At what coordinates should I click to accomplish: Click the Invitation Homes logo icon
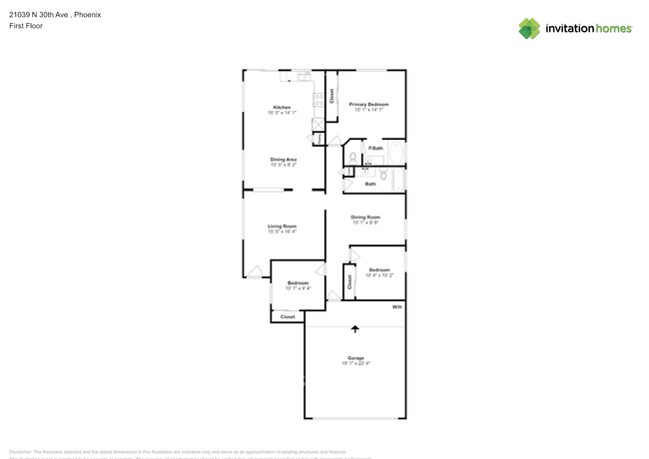(528, 28)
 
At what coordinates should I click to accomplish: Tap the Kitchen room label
(283, 108)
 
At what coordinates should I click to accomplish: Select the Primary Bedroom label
(368, 104)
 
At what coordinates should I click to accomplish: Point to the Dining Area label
(284, 160)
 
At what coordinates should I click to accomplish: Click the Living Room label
(282, 227)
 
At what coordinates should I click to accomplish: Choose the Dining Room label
(365, 217)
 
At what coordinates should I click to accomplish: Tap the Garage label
(355, 358)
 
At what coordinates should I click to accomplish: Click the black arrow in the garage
(355, 329)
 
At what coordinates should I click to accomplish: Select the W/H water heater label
(396, 306)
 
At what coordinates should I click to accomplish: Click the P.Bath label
(375, 149)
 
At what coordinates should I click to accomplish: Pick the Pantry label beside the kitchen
(320, 138)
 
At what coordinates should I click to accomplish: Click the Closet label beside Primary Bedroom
(331, 96)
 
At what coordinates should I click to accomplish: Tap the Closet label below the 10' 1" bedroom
(288, 316)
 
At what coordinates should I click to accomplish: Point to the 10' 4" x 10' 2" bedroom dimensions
(379, 275)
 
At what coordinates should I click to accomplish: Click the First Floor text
(25, 26)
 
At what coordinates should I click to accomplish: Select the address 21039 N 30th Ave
(39, 15)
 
